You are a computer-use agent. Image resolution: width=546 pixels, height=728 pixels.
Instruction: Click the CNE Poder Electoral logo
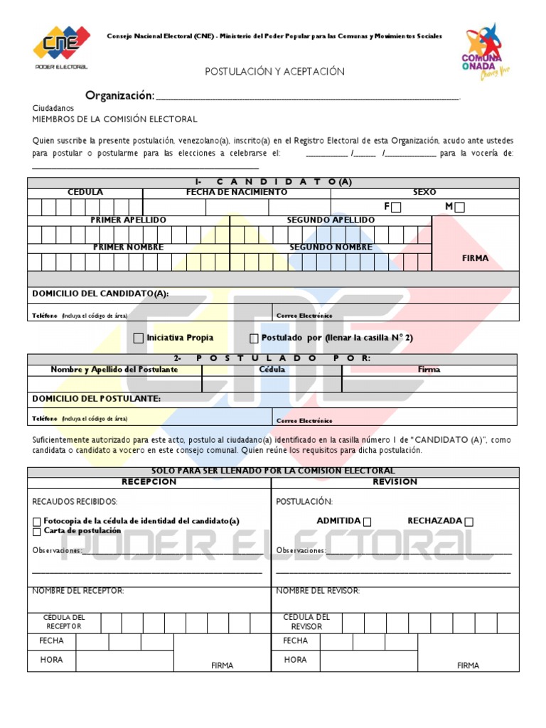pos(61,48)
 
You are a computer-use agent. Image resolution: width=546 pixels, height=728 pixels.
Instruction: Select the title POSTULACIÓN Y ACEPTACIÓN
pos(274,72)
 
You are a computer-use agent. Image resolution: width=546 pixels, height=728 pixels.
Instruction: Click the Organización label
pos(119,96)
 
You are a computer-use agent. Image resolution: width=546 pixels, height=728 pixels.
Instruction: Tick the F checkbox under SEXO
pos(396,208)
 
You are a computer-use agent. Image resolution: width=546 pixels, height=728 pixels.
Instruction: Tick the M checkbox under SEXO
pos(460,208)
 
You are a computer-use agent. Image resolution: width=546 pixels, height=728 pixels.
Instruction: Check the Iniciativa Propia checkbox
pos(139,338)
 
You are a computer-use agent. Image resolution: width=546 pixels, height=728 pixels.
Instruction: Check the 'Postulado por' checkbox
pos(254,338)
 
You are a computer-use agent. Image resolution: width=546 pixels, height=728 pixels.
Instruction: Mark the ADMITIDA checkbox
pos(367,522)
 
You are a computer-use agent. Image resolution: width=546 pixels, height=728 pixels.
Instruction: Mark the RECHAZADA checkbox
pos(469,522)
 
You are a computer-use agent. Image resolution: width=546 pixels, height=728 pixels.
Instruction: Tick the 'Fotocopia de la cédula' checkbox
pos(37,522)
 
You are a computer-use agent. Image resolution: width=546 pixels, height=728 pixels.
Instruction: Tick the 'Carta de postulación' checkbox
pos(37,532)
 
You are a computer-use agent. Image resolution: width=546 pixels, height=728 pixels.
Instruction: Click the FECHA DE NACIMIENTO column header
pos(237,192)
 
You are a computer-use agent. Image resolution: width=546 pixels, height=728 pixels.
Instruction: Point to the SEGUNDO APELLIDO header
pos(331,220)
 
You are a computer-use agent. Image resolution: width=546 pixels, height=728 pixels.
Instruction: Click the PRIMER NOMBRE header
pos(128,247)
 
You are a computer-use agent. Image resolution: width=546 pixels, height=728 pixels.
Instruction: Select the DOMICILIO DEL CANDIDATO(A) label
pos(100,294)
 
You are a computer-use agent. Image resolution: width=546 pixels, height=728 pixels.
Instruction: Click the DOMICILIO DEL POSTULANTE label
pos(97,399)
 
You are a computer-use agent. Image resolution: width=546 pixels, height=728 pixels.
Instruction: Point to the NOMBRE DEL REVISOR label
pos(318,591)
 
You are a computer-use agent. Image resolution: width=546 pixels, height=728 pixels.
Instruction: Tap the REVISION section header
pos(395,482)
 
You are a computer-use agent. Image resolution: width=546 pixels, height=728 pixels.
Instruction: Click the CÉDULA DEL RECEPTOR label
pos(64,622)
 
